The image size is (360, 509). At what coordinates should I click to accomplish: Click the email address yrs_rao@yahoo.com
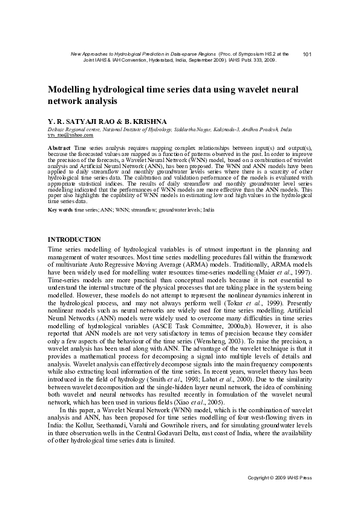(67, 135)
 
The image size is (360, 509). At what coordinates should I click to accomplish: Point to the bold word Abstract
(59, 148)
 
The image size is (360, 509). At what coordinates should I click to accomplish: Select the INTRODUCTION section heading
(74, 239)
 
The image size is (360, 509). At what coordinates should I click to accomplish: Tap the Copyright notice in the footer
(280, 478)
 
